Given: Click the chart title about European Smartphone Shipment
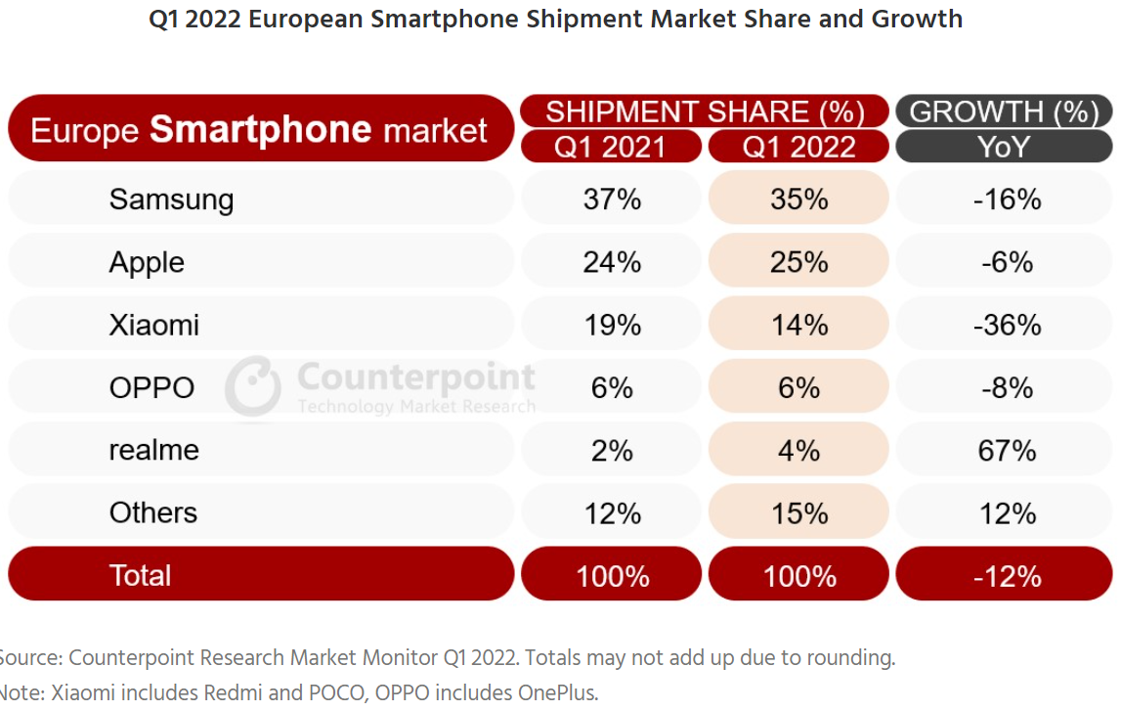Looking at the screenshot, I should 555,19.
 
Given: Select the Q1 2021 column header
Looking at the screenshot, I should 611,147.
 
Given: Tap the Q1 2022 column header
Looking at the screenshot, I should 798,147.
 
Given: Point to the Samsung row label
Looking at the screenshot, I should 171,200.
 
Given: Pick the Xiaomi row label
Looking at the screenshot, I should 153,325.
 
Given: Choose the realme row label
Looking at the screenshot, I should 153,450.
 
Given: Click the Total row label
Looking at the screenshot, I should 140,575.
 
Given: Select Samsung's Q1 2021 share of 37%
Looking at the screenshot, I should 612,200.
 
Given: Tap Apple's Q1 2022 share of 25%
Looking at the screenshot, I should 798,262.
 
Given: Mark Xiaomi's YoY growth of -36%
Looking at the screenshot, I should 1007,325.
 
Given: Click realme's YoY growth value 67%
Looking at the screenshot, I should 1007,450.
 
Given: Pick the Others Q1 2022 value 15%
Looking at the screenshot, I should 798,512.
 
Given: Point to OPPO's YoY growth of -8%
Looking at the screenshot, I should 1007,387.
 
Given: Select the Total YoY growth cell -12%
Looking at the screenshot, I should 1007,576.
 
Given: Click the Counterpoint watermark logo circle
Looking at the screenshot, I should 253,386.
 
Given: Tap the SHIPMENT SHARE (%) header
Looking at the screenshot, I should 705,111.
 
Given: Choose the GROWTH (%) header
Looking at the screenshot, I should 1004,111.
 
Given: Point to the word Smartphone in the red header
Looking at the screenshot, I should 261,129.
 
